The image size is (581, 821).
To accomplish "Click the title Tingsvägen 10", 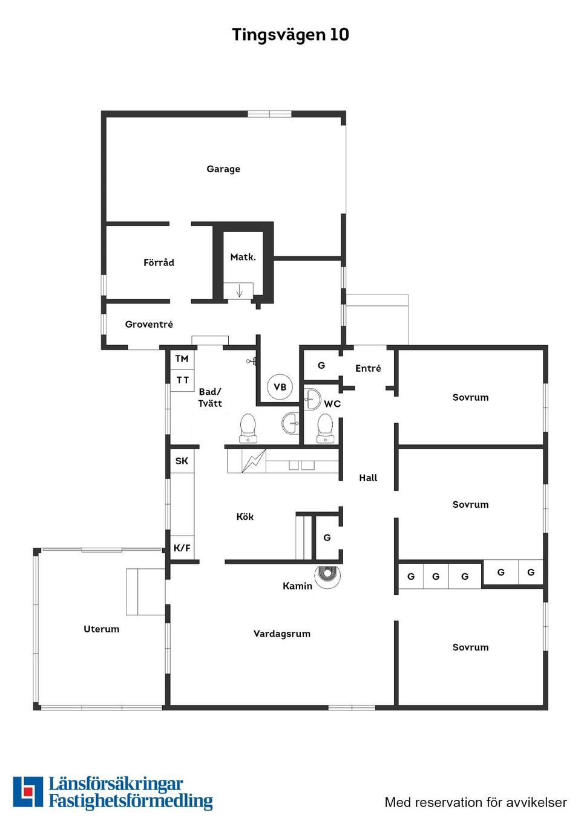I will [290, 34].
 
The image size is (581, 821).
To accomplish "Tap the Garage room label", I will [223, 169].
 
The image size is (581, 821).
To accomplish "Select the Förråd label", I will [159, 262].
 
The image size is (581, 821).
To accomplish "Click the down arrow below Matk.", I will [239, 291].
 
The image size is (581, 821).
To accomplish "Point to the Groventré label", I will [149, 325].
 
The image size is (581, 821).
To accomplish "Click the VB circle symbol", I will [280, 387].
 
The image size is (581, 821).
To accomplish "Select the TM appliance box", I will [182, 359].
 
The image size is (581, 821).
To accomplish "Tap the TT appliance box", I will [182, 380].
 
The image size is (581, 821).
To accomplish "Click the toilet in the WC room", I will [326, 427].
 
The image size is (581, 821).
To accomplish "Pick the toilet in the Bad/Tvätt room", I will [248, 427].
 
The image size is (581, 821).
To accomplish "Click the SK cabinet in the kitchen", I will [182, 461].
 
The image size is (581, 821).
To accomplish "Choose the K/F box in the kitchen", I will [182, 548].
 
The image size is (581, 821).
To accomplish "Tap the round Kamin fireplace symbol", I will [327, 575].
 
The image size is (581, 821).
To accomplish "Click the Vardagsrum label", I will [282, 634].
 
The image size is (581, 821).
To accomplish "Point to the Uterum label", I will [101, 629].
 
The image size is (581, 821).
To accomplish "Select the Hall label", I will [368, 478].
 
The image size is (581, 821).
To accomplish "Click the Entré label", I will [368, 369].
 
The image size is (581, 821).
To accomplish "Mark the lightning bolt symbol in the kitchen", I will [254, 461].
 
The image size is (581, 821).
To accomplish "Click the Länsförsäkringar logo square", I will [28, 792].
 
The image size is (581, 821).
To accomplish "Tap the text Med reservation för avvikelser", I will [476, 802].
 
